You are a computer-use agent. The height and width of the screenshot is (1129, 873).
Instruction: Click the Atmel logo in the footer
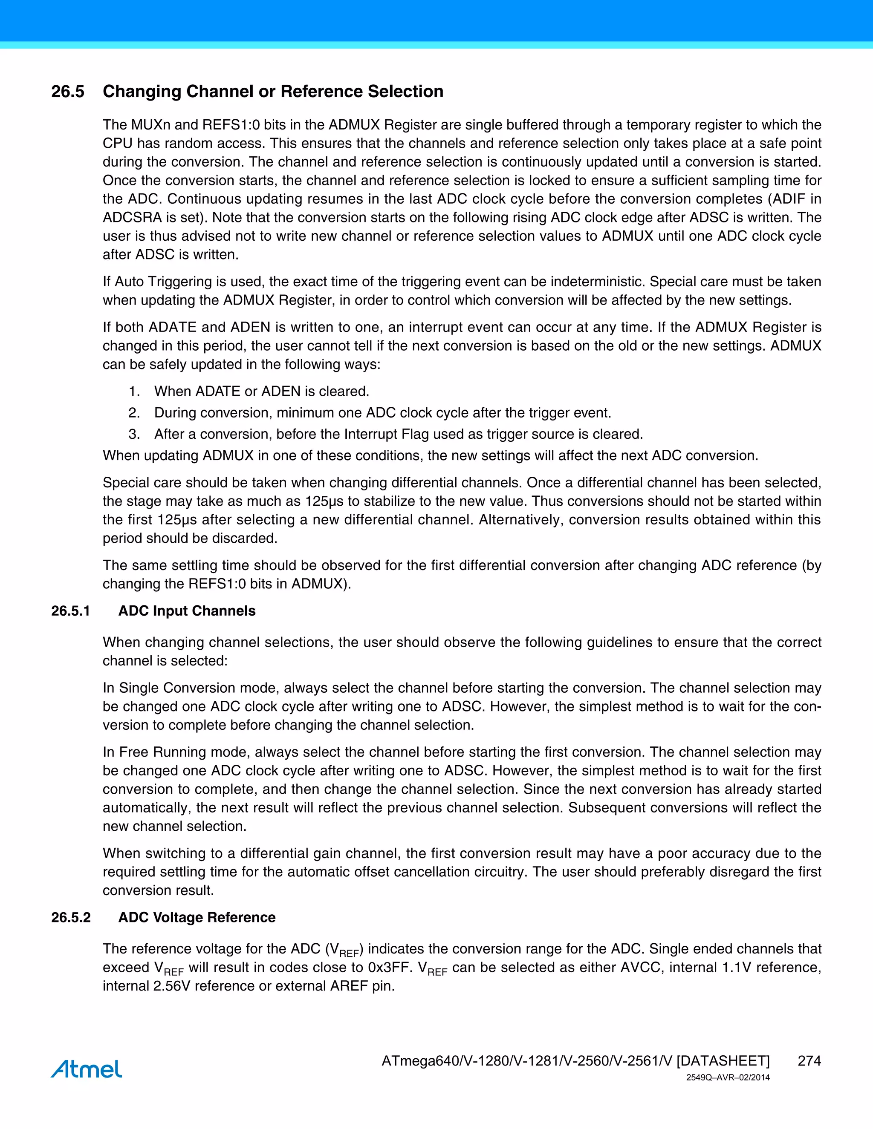(x=87, y=1069)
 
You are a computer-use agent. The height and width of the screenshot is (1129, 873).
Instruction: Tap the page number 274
(x=809, y=1061)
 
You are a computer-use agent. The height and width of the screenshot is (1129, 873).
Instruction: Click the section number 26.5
(x=68, y=92)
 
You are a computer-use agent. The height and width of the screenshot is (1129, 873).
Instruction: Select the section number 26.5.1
(x=70, y=611)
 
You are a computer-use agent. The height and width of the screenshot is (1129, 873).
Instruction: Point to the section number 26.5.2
(x=71, y=917)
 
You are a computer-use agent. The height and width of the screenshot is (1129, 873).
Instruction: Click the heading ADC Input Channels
(x=187, y=611)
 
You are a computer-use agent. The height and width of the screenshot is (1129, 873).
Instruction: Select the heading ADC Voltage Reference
(x=197, y=917)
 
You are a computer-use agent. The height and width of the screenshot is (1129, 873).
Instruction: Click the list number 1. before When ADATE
(x=134, y=392)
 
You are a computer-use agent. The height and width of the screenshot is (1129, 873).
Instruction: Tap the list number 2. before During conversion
(x=134, y=412)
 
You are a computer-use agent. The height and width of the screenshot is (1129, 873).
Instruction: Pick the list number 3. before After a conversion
(x=134, y=434)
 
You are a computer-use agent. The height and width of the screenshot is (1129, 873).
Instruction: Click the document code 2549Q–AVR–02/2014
(x=728, y=1077)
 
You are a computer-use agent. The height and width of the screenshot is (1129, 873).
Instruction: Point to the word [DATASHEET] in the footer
(x=723, y=1061)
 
